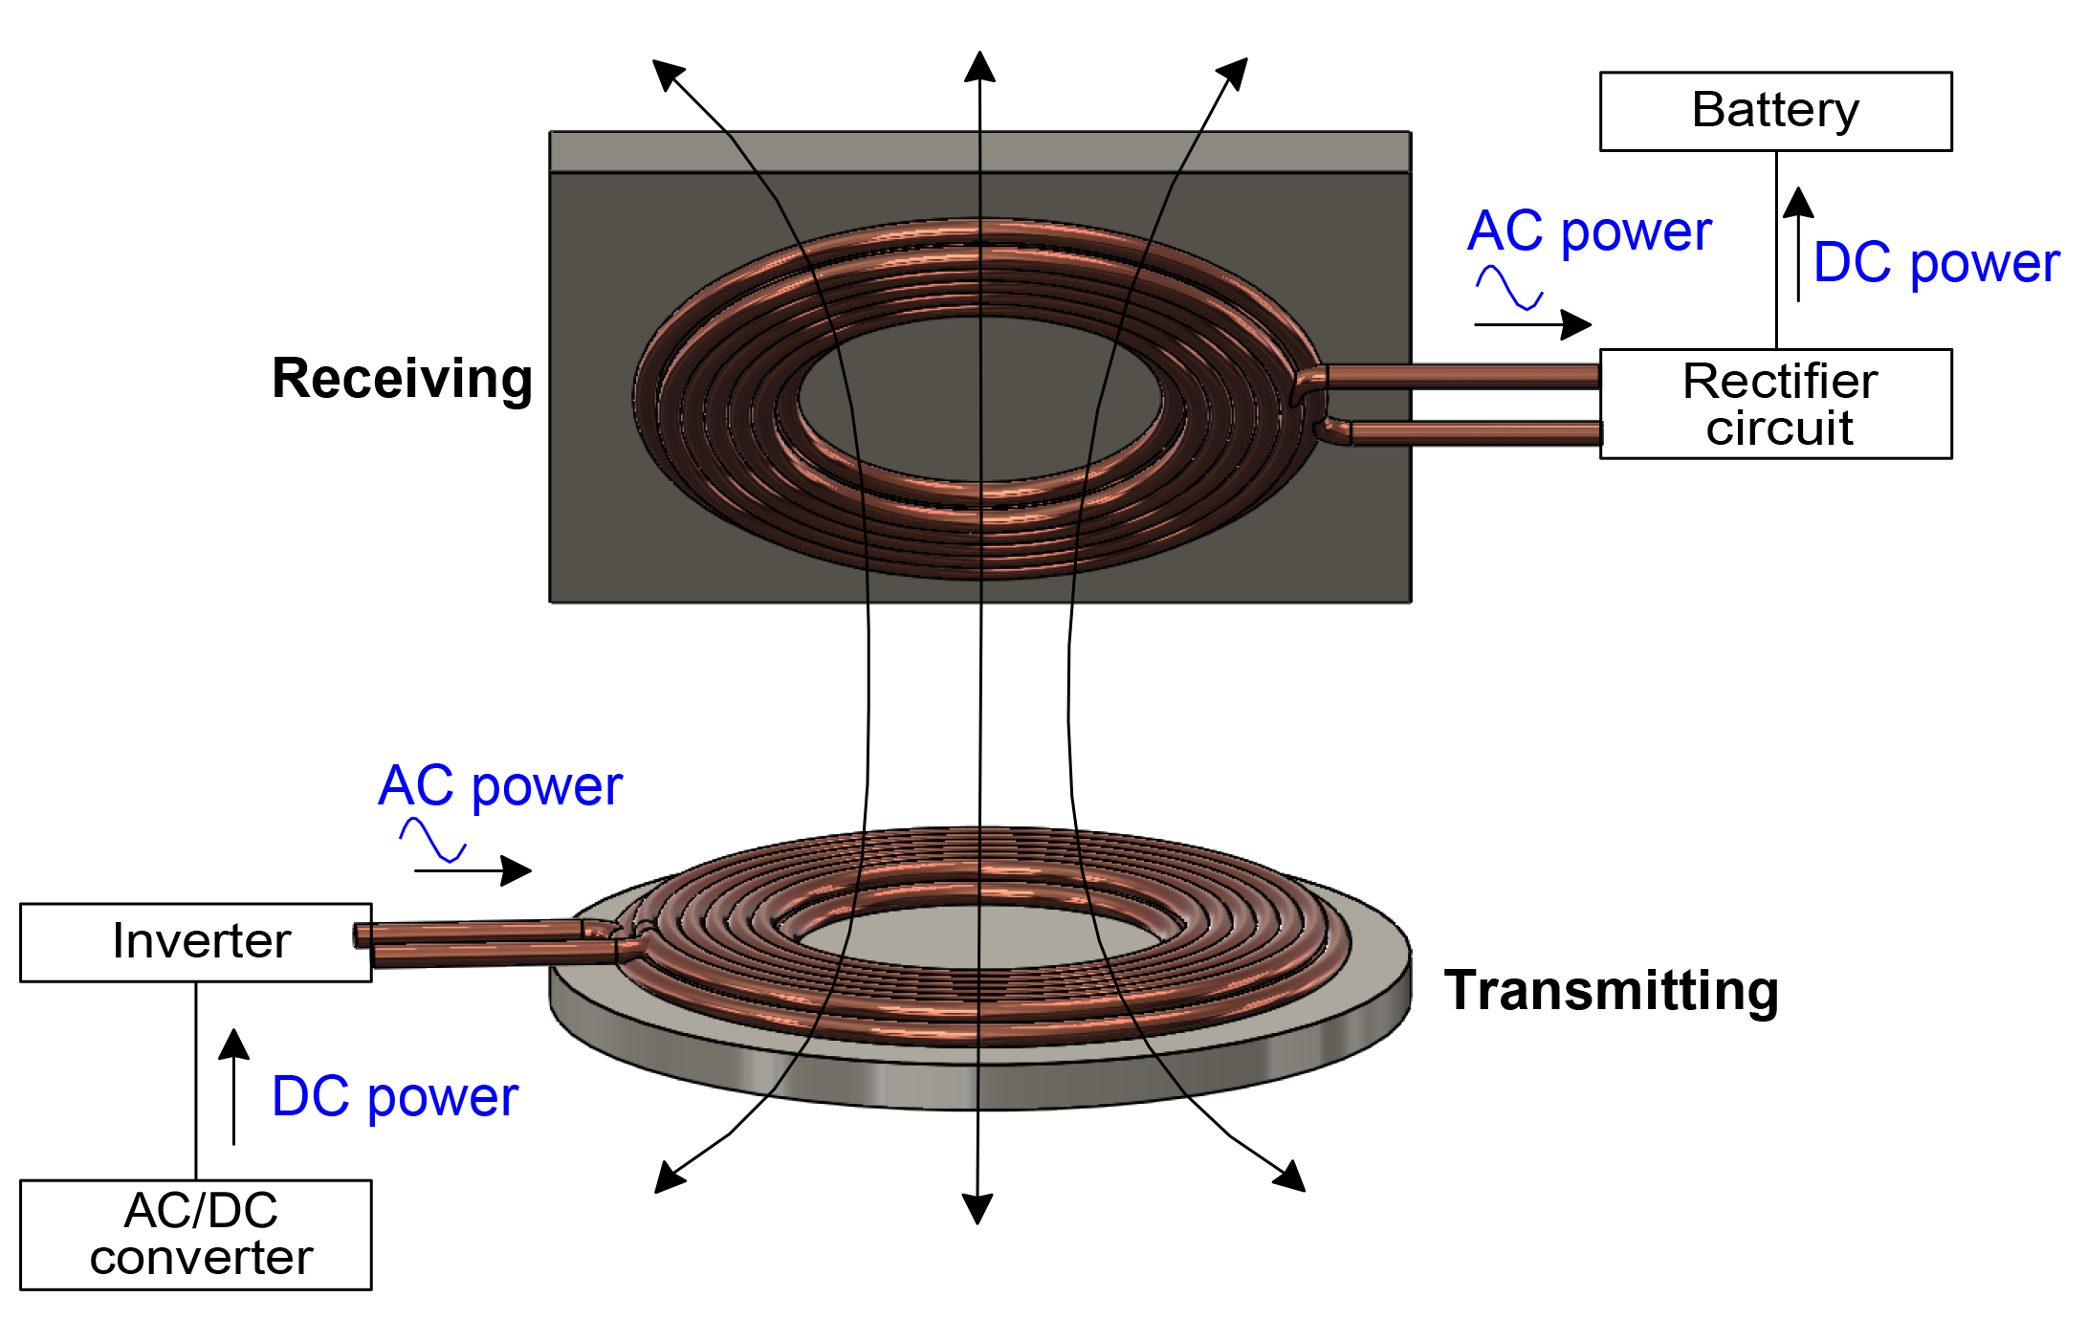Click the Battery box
(1775, 111)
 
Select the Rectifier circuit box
(1775, 404)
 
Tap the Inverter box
(196, 942)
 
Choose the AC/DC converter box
(196, 1235)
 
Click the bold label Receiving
(402, 379)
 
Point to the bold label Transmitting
(1611, 990)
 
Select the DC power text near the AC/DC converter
(394, 1096)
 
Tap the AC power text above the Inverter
(500, 786)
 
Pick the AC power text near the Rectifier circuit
(1590, 231)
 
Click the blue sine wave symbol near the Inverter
(432, 841)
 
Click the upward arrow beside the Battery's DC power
(1798, 245)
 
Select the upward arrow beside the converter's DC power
(233, 1087)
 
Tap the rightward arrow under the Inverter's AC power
(473, 870)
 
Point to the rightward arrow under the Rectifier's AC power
(1533, 324)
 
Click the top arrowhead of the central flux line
(979, 67)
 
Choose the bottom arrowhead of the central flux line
(977, 1208)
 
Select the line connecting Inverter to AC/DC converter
(196, 1081)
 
